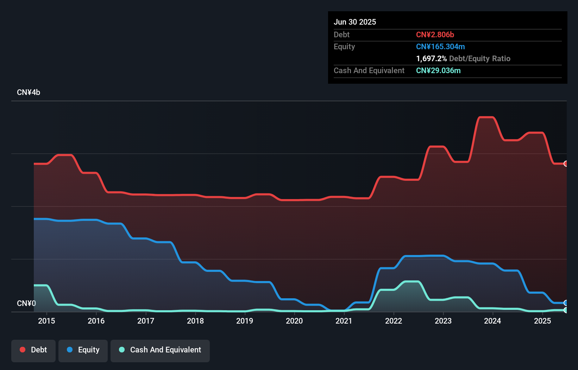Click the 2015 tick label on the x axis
tap(46, 321)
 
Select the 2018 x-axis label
tap(195, 321)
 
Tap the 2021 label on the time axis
tap(344, 321)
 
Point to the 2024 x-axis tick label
tap(492, 321)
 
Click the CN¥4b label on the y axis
tap(29, 92)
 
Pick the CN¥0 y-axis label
tap(26, 303)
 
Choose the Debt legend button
tap(33, 350)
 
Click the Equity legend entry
tap(83, 350)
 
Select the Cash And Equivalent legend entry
tap(160, 350)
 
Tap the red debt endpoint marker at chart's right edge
tap(566, 164)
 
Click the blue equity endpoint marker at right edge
tap(566, 303)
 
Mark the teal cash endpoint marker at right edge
tap(566, 310)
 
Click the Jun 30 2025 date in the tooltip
tap(355, 22)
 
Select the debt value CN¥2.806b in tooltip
tap(435, 34)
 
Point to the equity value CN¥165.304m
tap(440, 46)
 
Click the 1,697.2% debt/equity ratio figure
tap(431, 58)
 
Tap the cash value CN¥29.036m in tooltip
tap(438, 70)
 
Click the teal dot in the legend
tap(122, 350)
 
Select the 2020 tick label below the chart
tap(294, 321)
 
